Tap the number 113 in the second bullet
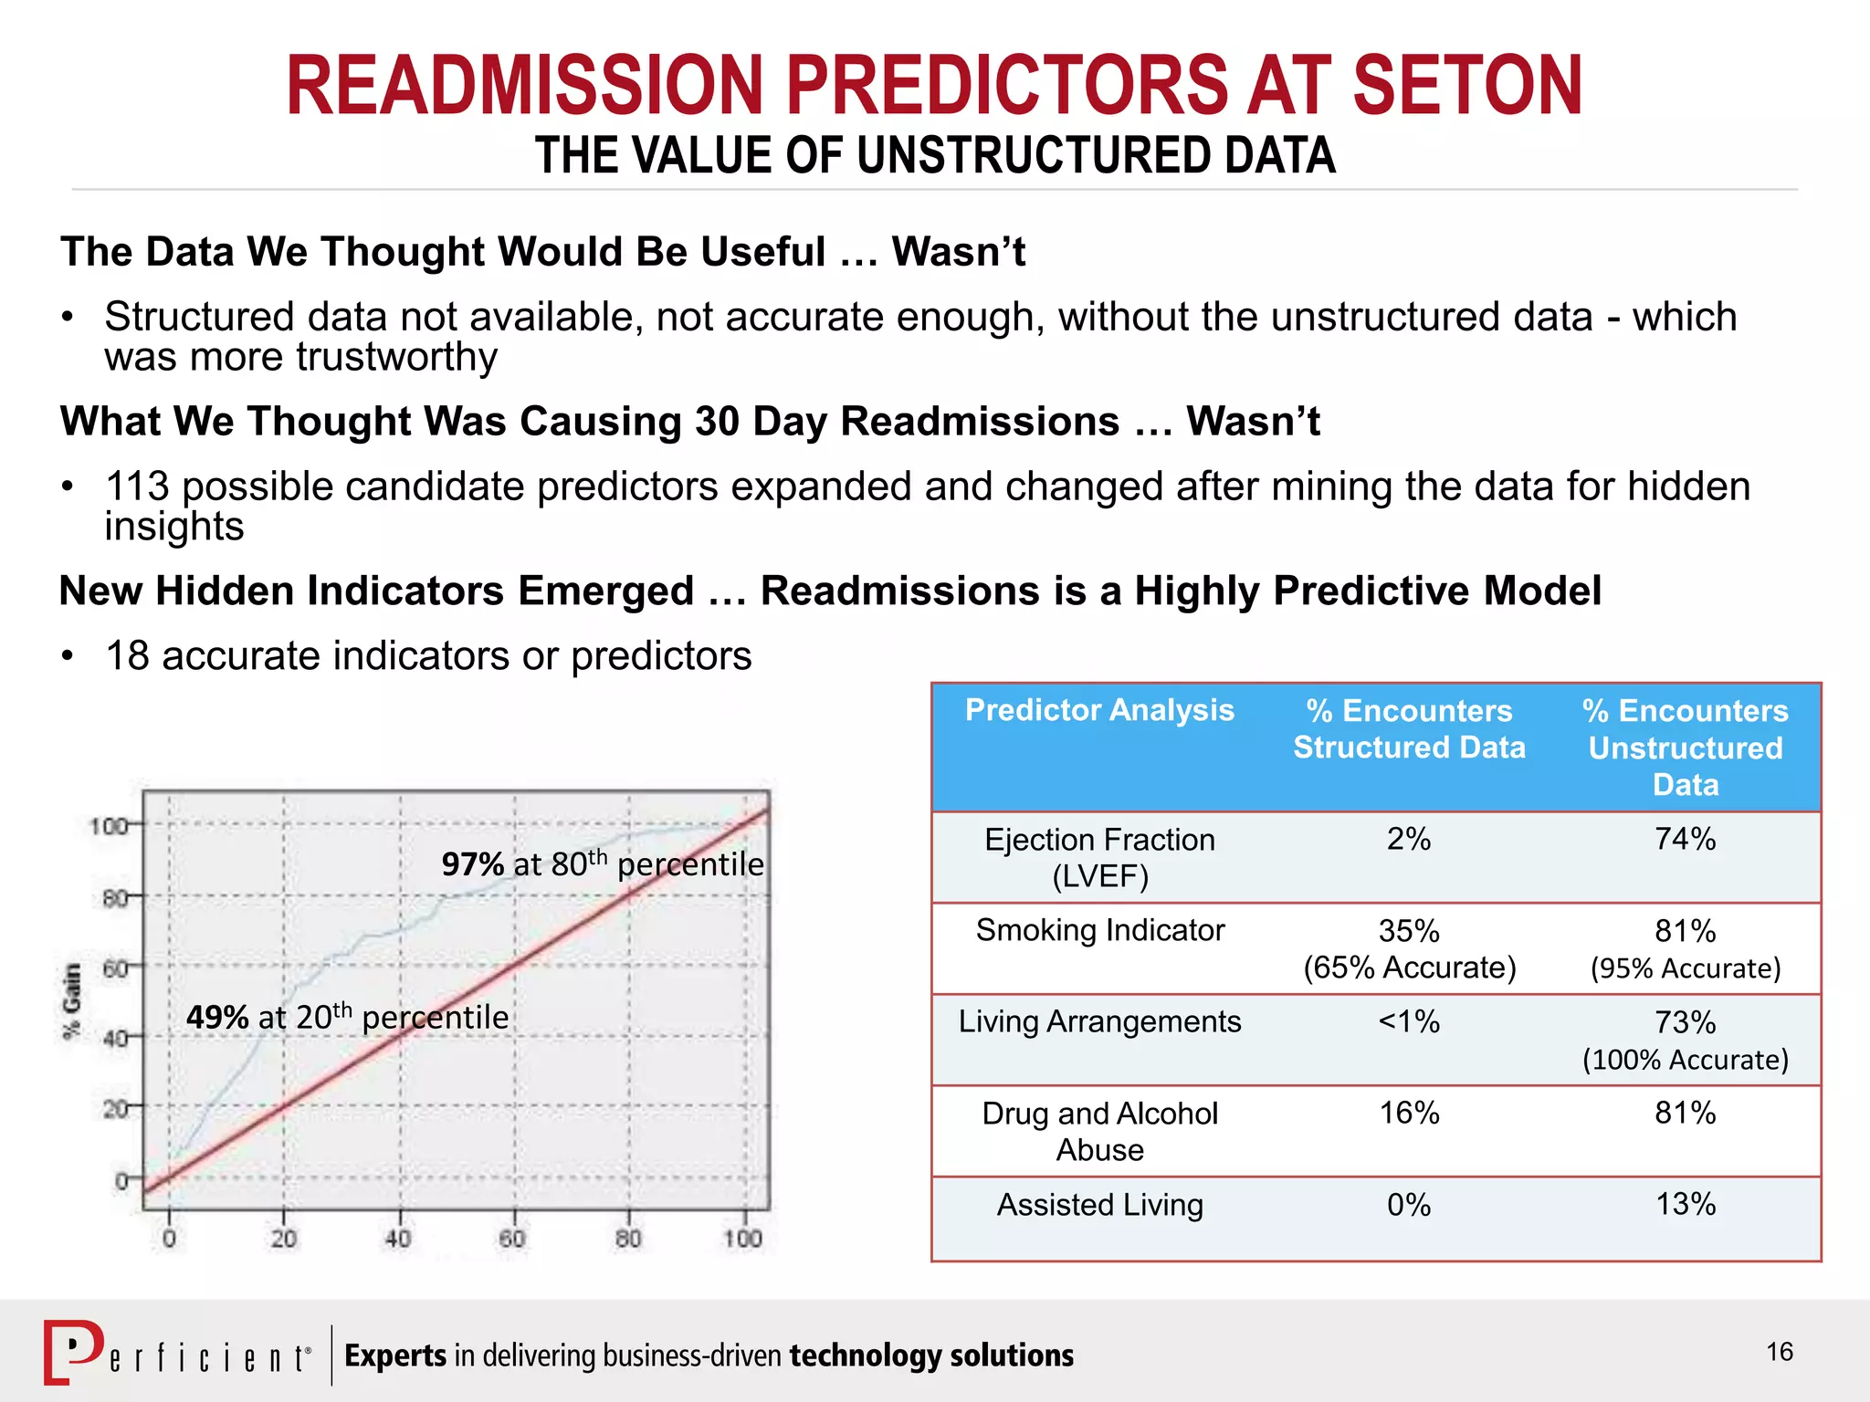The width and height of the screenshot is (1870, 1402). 137,487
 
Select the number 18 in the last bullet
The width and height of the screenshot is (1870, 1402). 127,656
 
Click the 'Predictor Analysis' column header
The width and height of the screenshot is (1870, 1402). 1099,710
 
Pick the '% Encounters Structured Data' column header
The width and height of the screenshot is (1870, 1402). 1409,729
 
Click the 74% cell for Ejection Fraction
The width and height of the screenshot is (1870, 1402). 1685,839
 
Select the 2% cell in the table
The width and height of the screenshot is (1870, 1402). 1408,839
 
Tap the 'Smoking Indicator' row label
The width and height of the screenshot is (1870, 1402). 1099,930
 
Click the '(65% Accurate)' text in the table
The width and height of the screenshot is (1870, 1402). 1409,968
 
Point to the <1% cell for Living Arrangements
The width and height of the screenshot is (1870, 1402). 1408,1021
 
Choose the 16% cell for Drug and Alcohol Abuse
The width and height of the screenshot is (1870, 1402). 1408,1113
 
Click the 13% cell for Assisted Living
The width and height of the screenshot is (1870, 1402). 1685,1204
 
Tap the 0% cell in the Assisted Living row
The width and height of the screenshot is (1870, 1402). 1408,1205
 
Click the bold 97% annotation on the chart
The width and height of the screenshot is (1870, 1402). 472,863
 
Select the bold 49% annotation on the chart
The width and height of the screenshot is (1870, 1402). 217,1017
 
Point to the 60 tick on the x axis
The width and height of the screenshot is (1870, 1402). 512,1239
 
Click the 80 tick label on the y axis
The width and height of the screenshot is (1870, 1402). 114,898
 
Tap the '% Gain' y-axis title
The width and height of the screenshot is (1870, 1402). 71,1001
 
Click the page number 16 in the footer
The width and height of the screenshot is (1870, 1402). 1779,1352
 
